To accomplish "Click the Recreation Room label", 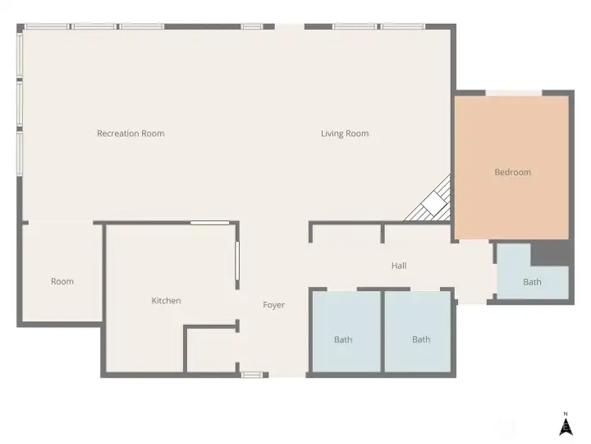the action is (x=131, y=133).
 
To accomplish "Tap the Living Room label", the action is (x=345, y=133).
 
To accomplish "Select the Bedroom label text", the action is (x=512, y=172).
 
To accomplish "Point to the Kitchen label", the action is (x=166, y=301).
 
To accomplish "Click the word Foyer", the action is (x=273, y=305).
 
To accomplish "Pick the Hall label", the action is (x=399, y=266).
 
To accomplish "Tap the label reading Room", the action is (x=62, y=281).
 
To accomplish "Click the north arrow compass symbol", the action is (x=566, y=424).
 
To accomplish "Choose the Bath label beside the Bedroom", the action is (x=532, y=282).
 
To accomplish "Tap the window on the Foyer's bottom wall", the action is (x=252, y=375).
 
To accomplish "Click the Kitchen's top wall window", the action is (x=210, y=223).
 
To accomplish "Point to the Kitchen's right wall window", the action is (x=237, y=261).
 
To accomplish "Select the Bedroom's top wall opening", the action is (x=514, y=93).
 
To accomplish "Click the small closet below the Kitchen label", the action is (x=211, y=350).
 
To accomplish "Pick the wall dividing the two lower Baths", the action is (x=383, y=331).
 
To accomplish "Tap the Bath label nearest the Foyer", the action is (x=343, y=340).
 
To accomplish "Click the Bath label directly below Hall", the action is (x=421, y=340).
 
